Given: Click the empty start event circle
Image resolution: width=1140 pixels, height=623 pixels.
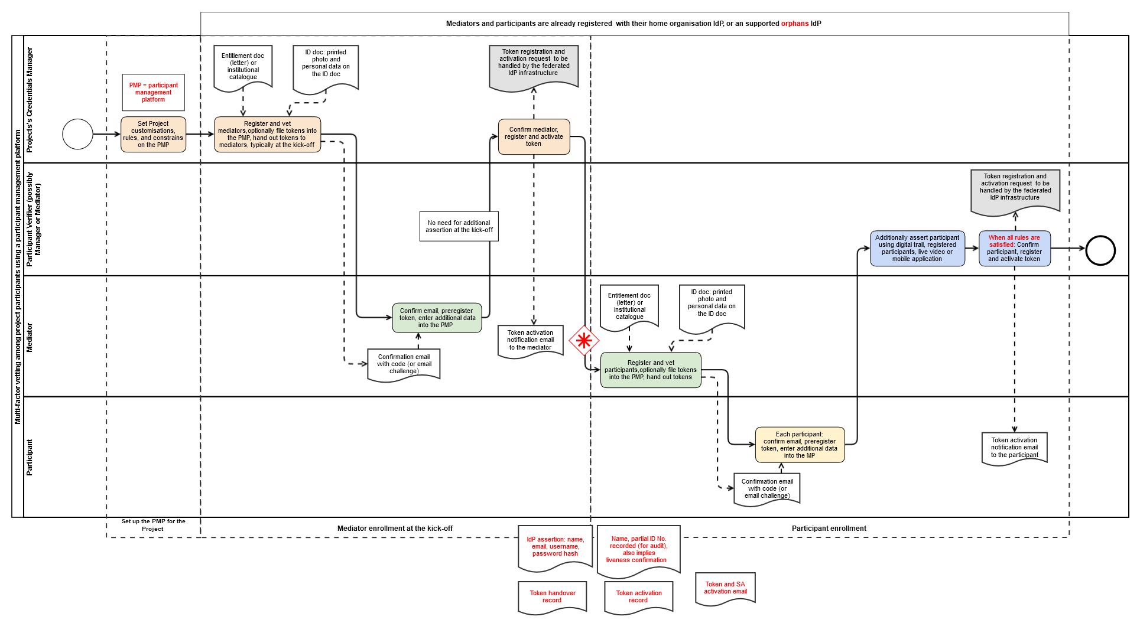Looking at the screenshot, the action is (77, 134).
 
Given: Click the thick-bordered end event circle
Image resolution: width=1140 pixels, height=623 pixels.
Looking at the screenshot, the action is (1100, 250).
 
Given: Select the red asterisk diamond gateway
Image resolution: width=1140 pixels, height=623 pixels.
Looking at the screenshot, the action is (584, 340).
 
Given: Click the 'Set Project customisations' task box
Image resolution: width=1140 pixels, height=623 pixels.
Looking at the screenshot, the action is (153, 135).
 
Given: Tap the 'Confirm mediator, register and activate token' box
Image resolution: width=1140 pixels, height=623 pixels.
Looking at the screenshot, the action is (534, 136).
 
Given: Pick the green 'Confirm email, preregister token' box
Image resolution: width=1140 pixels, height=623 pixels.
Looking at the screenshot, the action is (437, 318).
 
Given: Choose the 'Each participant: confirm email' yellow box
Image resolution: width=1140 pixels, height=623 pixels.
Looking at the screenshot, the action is (800, 445).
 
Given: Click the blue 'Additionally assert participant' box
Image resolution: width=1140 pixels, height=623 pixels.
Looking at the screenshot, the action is (917, 249).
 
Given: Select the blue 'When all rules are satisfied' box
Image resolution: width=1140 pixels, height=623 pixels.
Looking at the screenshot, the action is (1015, 249).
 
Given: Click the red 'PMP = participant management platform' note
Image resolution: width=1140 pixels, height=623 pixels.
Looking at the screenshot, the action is (154, 93).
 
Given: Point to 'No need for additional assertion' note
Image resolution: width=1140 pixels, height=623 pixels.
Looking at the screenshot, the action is (459, 226).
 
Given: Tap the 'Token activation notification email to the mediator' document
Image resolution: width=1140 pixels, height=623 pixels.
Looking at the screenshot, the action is (531, 341).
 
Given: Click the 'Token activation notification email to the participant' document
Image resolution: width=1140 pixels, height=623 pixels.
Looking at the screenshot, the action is (1015, 449).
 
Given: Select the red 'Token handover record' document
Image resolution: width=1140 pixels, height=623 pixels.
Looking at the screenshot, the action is (553, 598).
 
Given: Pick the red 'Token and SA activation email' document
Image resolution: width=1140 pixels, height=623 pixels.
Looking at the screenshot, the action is (725, 589).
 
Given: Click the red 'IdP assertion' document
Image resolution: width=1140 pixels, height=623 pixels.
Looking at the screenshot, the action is (555, 548).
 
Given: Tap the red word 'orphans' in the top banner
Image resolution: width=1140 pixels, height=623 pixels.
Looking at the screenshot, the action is (795, 24).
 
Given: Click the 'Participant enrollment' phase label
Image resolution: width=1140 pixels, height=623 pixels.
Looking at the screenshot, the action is (829, 529).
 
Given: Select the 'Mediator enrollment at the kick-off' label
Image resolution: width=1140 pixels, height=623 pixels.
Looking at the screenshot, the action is (395, 529).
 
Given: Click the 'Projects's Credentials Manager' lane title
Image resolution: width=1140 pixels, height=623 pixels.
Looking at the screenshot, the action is (30, 100).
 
